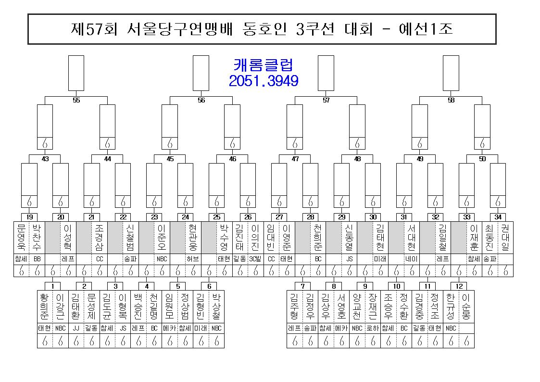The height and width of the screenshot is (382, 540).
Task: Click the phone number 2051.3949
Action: click(x=264, y=81)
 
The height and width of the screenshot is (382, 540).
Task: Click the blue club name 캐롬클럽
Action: click(x=264, y=65)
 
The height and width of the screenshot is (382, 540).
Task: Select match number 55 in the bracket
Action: click(x=76, y=100)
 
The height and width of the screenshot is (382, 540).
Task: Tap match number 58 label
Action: click(x=451, y=100)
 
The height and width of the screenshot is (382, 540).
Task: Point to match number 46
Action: click(x=232, y=159)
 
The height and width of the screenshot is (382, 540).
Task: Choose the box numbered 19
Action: click(x=29, y=217)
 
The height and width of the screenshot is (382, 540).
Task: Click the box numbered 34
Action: click(x=498, y=217)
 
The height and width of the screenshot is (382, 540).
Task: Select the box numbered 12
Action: click(x=459, y=286)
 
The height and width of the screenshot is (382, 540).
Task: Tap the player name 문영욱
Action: click(x=21, y=237)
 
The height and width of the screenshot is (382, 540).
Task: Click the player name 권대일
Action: click(x=505, y=237)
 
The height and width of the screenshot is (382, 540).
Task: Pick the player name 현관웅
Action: click(x=193, y=237)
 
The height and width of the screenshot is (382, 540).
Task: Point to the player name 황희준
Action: click(x=44, y=306)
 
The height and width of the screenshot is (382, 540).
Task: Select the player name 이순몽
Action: click(x=466, y=306)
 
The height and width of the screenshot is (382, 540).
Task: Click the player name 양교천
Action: click(x=357, y=306)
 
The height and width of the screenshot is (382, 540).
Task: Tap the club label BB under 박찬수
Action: click(x=37, y=259)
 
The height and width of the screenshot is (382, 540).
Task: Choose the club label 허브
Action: click(x=193, y=259)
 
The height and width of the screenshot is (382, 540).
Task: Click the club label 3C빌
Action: click(x=255, y=259)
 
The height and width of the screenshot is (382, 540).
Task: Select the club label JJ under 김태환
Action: click(x=76, y=328)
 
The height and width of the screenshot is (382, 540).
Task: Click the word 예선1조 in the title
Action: click(x=426, y=29)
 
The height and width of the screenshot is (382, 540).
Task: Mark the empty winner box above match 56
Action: click(x=201, y=73)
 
